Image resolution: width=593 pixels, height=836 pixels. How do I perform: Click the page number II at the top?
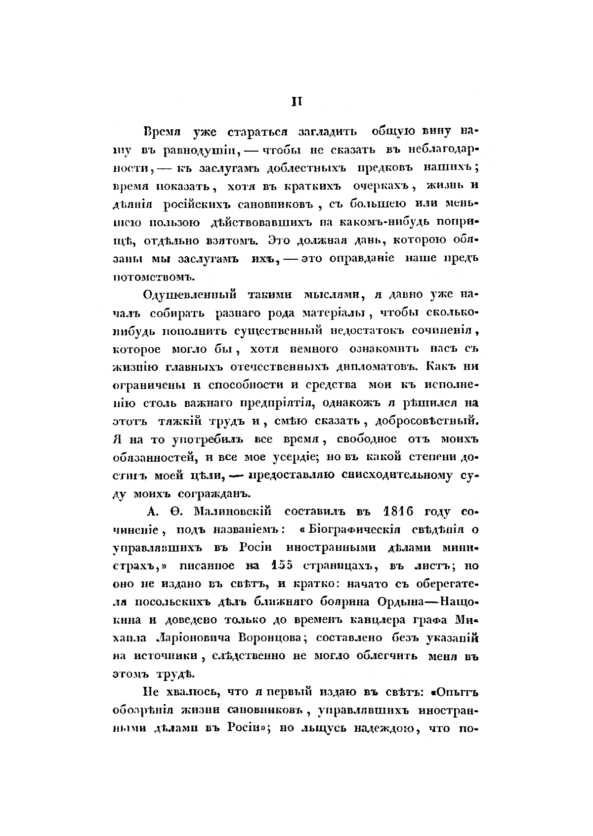[x=296, y=102]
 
